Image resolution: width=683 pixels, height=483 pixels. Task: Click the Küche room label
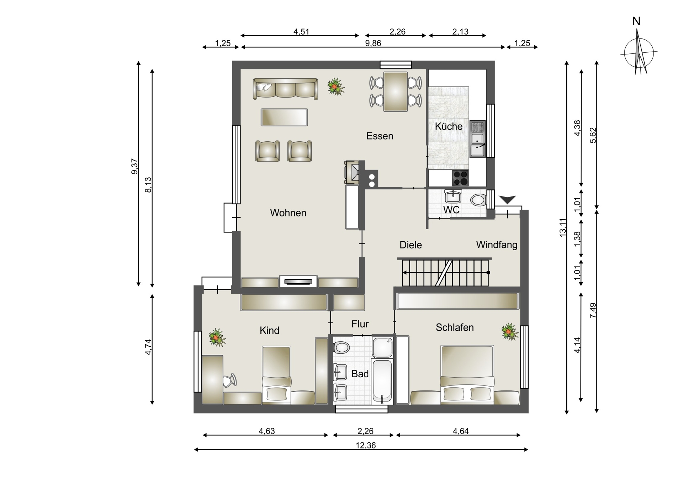coord(449,126)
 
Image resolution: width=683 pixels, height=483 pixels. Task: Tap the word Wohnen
coord(288,213)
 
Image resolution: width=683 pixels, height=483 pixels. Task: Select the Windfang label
coord(497,245)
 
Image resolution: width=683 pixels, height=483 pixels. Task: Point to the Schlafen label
coord(455,327)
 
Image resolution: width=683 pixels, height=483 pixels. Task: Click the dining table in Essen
coord(395,91)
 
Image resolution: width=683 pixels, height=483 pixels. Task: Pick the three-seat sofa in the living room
coord(285,89)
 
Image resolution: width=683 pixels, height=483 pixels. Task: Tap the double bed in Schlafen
coord(467,375)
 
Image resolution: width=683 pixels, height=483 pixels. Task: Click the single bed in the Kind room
coord(276,375)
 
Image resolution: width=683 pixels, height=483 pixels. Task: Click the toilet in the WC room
coord(478,200)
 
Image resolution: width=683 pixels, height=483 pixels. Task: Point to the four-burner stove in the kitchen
coord(460,178)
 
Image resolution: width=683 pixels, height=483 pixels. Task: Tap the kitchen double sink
coord(477,139)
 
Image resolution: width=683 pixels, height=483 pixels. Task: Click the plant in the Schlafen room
coord(509,331)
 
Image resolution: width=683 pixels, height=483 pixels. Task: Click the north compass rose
coord(639,53)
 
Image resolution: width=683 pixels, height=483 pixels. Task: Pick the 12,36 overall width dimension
coord(366,446)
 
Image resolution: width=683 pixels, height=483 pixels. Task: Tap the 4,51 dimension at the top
coord(301,32)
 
